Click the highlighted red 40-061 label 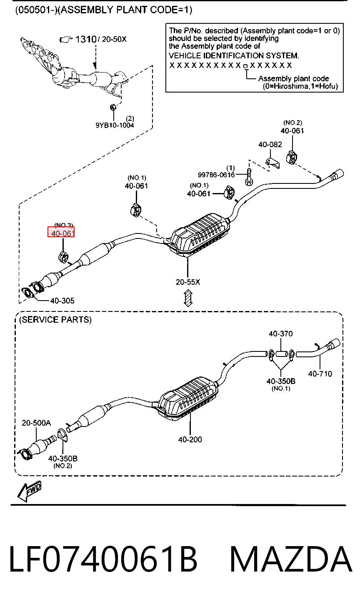click(x=61, y=233)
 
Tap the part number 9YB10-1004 click(x=115, y=125)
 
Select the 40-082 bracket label click(x=270, y=144)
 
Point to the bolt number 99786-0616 click(x=216, y=175)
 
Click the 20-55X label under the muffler click(x=188, y=282)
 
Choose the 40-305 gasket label click(x=62, y=301)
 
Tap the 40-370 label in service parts click(x=281, y=334)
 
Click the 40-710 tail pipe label click(x=320, y=374)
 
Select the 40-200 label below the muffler click(x=190, y=439)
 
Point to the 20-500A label click(x=36, y=423)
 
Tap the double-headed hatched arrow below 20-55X click(x=188, y=298)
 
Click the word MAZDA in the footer click(x=291, y=559)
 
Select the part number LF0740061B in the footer click(x=103, y=559)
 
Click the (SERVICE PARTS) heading click(x=55, y=320)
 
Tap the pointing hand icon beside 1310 click(x=66, y=40)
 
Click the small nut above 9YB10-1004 click(x=113, y=107)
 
